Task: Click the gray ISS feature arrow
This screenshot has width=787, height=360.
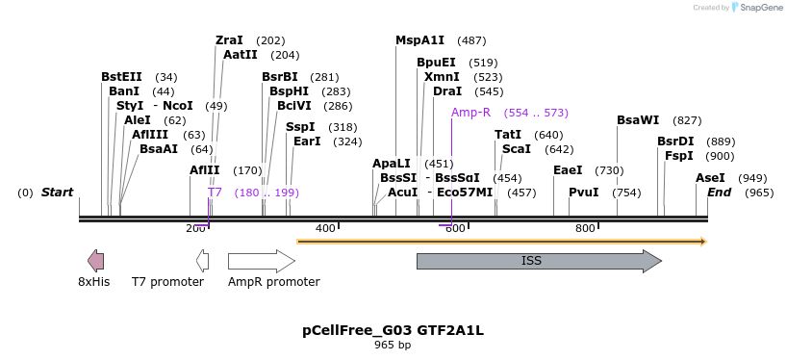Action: (x=538, y=261)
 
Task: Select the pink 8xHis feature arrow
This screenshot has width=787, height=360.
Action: (x=95, y=261)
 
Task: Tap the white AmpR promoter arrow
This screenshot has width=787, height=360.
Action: (x=261, y=261)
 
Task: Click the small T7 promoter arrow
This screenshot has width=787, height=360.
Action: (x=202, y=261)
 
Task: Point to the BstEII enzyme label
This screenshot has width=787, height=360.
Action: (x=121, y=77)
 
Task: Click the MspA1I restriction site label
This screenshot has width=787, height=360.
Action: (x=420, y=40)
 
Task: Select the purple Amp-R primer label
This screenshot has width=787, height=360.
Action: (x=470, y=113)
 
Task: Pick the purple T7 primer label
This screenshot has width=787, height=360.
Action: (x=215, y=193)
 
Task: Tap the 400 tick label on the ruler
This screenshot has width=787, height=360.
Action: (x=325, y=228)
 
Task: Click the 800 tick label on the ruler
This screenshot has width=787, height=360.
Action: (x=585, y=228)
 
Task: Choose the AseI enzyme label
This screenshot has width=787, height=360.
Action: (x=710, y=178)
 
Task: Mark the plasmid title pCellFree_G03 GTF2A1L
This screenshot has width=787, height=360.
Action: (x=393, y=331)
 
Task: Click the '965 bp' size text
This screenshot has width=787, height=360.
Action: (x=393, y=345)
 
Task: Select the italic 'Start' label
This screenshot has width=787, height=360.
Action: (x=57, y=193)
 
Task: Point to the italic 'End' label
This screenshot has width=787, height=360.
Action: (x=719, y=193)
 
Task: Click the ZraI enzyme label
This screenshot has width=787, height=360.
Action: (x=229, y=40)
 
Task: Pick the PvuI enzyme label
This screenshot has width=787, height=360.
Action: (x=583, y=193)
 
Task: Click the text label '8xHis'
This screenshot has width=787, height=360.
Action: (x=94, y=282)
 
